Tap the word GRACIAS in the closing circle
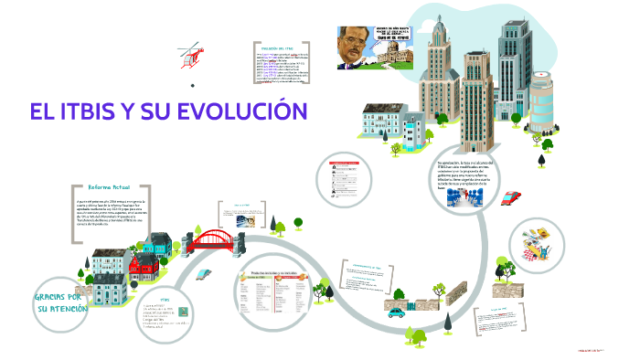tap(58, 298)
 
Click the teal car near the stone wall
tap(397, 312)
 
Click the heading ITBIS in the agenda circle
tap(165, 300)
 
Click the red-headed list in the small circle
tap(350, 177)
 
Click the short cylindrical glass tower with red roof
tap(540, 101)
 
